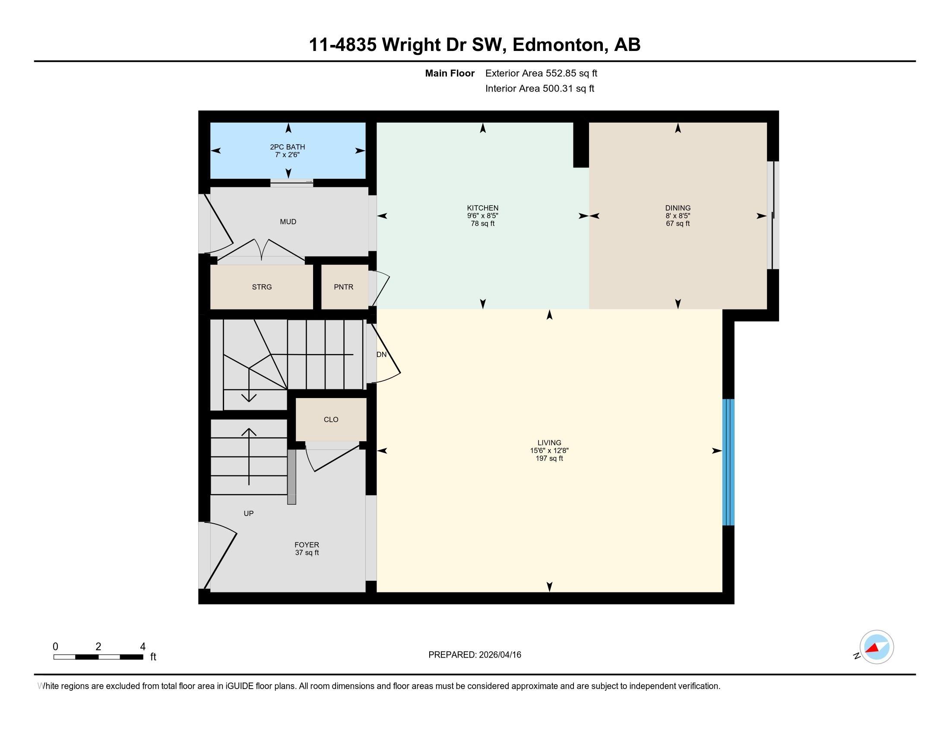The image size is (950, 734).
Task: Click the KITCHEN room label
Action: (482, 208)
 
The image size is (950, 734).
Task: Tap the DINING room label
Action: (678, 208)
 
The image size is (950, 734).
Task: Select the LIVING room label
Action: (549, 443)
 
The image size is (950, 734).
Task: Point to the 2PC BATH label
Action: (288, 147)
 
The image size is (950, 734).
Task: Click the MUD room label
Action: (288, 222)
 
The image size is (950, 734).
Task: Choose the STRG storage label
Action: (262, 287)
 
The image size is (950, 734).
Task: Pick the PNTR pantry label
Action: (344, 287)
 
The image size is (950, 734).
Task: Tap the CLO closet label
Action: (331, 420)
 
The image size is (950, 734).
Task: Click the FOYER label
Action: (307, 545)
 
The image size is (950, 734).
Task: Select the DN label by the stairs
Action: (381, 354)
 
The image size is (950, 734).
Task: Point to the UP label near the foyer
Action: (248, 513)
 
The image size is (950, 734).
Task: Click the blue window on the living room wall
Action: (728, 462)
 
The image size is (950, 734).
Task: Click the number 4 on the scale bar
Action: (142, 647)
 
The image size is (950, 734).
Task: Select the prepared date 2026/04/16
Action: (499, 655)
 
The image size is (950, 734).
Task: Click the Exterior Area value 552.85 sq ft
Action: (572, 73)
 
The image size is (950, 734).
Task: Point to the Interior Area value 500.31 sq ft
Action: (568, 89)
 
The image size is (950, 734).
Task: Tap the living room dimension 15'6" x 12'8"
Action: (549, 450)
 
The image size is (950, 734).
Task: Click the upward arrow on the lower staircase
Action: (249, 456)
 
